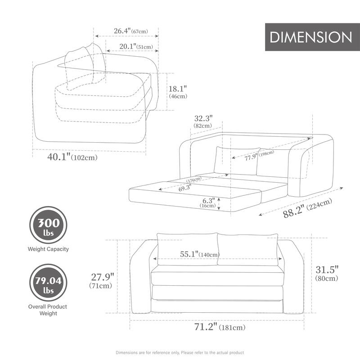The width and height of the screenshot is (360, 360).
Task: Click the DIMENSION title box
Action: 310,37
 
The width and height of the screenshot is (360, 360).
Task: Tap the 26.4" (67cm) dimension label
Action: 130,31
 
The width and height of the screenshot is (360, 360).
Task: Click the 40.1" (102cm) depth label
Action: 72,157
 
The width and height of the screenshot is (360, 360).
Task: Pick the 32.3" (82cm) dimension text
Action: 203,121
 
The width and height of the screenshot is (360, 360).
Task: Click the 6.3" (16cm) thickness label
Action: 207,203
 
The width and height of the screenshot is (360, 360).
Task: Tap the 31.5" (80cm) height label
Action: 327,274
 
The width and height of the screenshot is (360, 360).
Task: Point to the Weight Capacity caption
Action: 48,249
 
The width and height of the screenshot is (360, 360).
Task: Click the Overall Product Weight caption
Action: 48,310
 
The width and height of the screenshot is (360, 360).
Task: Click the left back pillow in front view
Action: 186,249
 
